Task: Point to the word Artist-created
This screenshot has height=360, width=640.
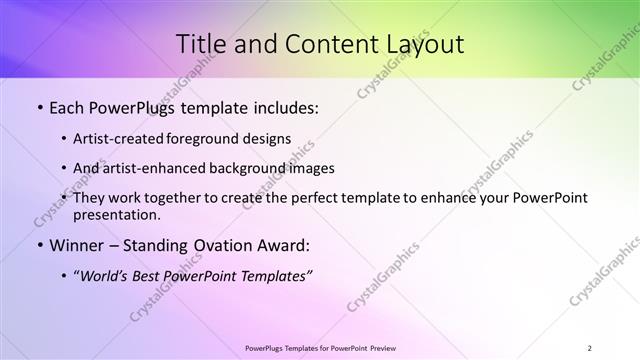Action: (x=120, y=139)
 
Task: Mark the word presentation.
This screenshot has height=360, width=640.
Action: (x=118, y=214)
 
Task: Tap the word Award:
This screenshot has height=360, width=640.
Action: (x=283, y=245)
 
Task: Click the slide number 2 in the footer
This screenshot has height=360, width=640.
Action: (x=590, y=348)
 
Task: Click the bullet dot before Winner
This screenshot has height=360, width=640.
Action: (x=39, y=245)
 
